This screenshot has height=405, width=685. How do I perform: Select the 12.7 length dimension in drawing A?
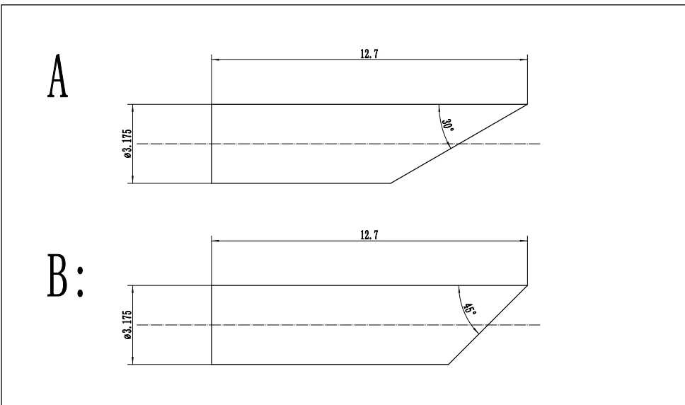pyautogui.click(x=369, y=53)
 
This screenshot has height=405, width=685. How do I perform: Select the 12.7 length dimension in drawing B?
pyautogui.click(x=369, y=234)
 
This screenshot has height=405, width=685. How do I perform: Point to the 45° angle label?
pyautogui.click(x=468, y=308)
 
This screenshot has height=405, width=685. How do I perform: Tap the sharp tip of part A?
pyautogui.click(x=527, y=105)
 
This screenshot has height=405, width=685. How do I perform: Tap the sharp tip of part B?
pyautogui.click(x=527, y=286)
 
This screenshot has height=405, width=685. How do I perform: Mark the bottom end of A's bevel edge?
pyautogui.click(x=391, y=183)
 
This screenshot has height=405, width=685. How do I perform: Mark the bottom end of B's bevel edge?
pyautogui.click(x=449, y=365)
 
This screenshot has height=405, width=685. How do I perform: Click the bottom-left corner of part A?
pyautogui.click(x=212, y=183)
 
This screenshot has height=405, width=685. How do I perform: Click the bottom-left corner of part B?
pyautogui.click(x=212, y=365)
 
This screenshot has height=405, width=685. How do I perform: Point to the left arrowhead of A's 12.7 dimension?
pyautogui.click(x=215, y=59)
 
